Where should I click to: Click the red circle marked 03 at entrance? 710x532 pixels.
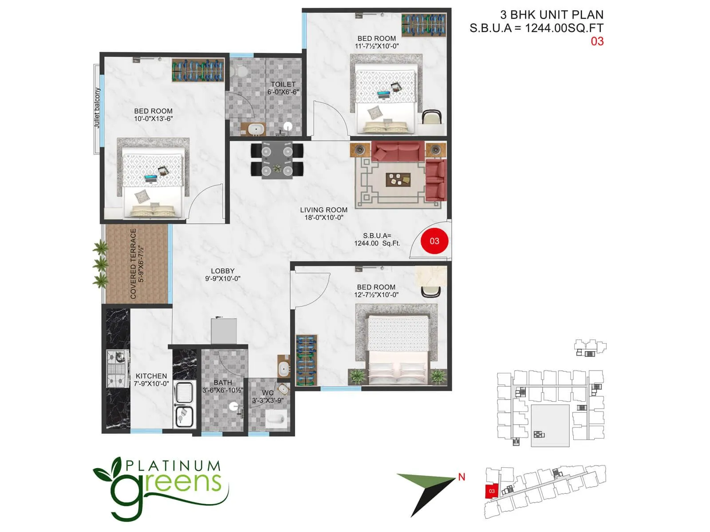point(434,241)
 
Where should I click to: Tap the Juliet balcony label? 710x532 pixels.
point(97,108)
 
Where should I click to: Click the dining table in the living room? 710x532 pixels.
point(277,160)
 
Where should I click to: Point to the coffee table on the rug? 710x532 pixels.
point(398,179)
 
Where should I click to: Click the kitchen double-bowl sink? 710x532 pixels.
point(184,404)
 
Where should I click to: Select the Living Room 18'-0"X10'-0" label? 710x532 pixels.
point(323,214)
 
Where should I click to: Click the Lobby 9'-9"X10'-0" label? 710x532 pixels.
point(223,274)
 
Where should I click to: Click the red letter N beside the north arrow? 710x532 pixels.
point(461,477)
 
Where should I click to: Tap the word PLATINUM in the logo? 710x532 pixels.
point(173,466)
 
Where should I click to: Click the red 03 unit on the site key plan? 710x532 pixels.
point(492,491)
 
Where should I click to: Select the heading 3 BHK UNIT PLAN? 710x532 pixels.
point(552,15)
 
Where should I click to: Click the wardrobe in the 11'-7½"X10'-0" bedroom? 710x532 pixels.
point(423,25)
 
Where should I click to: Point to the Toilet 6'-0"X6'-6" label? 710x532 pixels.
point(283,88)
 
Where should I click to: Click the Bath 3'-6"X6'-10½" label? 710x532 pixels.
point(223,386)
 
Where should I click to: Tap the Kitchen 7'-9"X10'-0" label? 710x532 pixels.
point(151,379)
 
